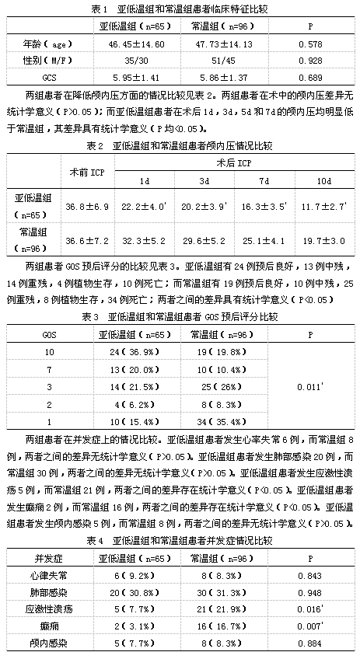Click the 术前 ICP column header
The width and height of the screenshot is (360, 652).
[86, 169]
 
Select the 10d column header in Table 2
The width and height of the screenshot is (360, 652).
[320, 181]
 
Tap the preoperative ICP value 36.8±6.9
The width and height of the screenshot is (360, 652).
[86, 205]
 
